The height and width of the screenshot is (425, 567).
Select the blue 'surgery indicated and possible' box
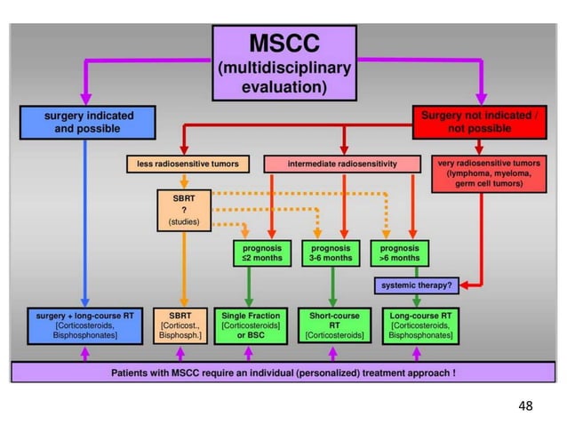[84, 122]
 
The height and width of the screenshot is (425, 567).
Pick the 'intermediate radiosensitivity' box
[342, 164]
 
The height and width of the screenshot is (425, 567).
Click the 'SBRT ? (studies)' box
[184, 208]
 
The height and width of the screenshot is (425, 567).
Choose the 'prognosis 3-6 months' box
[328, 253]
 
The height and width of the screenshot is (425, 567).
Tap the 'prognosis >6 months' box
[399, 253]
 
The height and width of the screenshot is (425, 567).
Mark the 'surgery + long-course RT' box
[84, 325]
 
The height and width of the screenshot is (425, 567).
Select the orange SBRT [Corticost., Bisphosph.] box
[184, 325]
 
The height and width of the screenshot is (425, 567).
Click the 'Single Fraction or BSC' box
[253, 325]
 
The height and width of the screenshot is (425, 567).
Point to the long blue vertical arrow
[84, 222]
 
